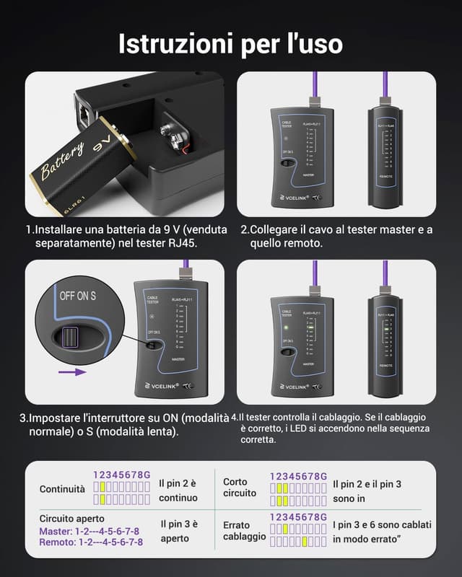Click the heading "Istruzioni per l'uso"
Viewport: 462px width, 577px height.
[231, 43]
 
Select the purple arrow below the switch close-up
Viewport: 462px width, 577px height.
[69, 372]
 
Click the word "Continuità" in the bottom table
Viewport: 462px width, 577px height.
[61, 489]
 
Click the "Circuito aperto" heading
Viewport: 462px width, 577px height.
[72, 518]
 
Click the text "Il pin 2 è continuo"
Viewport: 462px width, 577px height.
[178, 490]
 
